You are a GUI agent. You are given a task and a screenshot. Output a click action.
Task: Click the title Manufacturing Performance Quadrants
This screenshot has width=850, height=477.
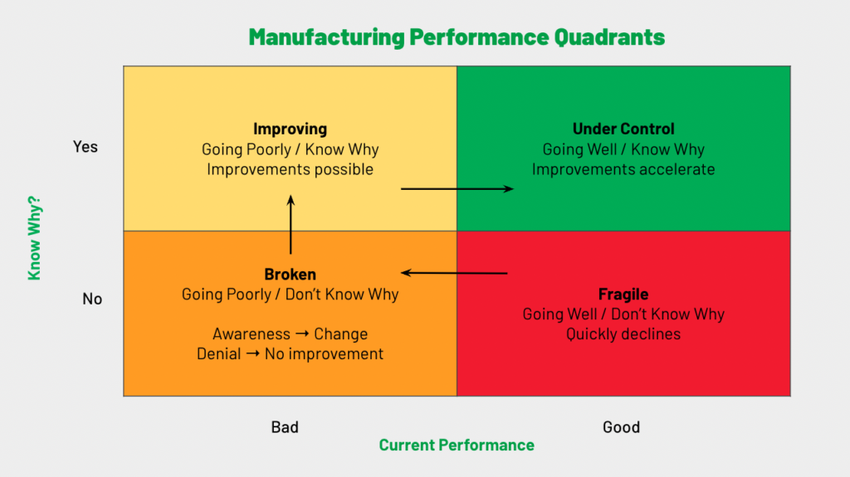(x=457, y=37)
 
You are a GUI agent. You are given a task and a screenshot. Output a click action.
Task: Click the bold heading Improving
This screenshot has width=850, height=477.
(x=290, y=129)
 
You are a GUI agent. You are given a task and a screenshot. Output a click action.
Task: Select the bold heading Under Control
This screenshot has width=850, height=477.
(x=623, y=129)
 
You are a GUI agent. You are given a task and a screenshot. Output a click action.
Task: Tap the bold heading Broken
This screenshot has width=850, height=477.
(x=290, y=275)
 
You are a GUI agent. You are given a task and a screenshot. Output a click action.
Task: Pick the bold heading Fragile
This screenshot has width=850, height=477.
(x=623, y=294)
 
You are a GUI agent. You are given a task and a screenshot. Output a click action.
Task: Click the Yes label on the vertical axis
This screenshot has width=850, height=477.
(x=85, y=147)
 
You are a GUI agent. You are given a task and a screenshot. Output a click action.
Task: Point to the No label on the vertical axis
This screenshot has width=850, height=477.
(x=92, y=299)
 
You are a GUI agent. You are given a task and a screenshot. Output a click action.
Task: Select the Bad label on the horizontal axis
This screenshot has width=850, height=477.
(x=285, y=427)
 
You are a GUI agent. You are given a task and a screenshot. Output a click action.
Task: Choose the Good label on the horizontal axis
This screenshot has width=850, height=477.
(x=621, y=427)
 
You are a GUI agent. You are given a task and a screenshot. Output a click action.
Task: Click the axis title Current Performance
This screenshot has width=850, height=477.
(x=457, y=445)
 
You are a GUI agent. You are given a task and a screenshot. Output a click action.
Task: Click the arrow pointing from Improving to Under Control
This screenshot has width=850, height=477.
(x=457, y=189)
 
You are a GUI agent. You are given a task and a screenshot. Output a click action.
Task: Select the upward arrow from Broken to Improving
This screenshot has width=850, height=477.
(x=291, y=224)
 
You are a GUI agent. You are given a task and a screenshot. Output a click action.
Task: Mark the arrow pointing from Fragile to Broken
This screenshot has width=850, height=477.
(x=454, y=272)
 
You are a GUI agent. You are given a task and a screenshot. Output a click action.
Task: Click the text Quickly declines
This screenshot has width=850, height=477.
(x=623, y=334)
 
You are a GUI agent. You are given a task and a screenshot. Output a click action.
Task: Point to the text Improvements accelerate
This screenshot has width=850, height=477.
(x=623, y=169)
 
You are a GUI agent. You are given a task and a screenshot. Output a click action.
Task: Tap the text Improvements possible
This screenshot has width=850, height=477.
(x=290, y=169)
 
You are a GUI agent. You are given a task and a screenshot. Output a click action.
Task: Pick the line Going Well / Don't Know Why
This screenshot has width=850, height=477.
(x=623, y=314)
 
